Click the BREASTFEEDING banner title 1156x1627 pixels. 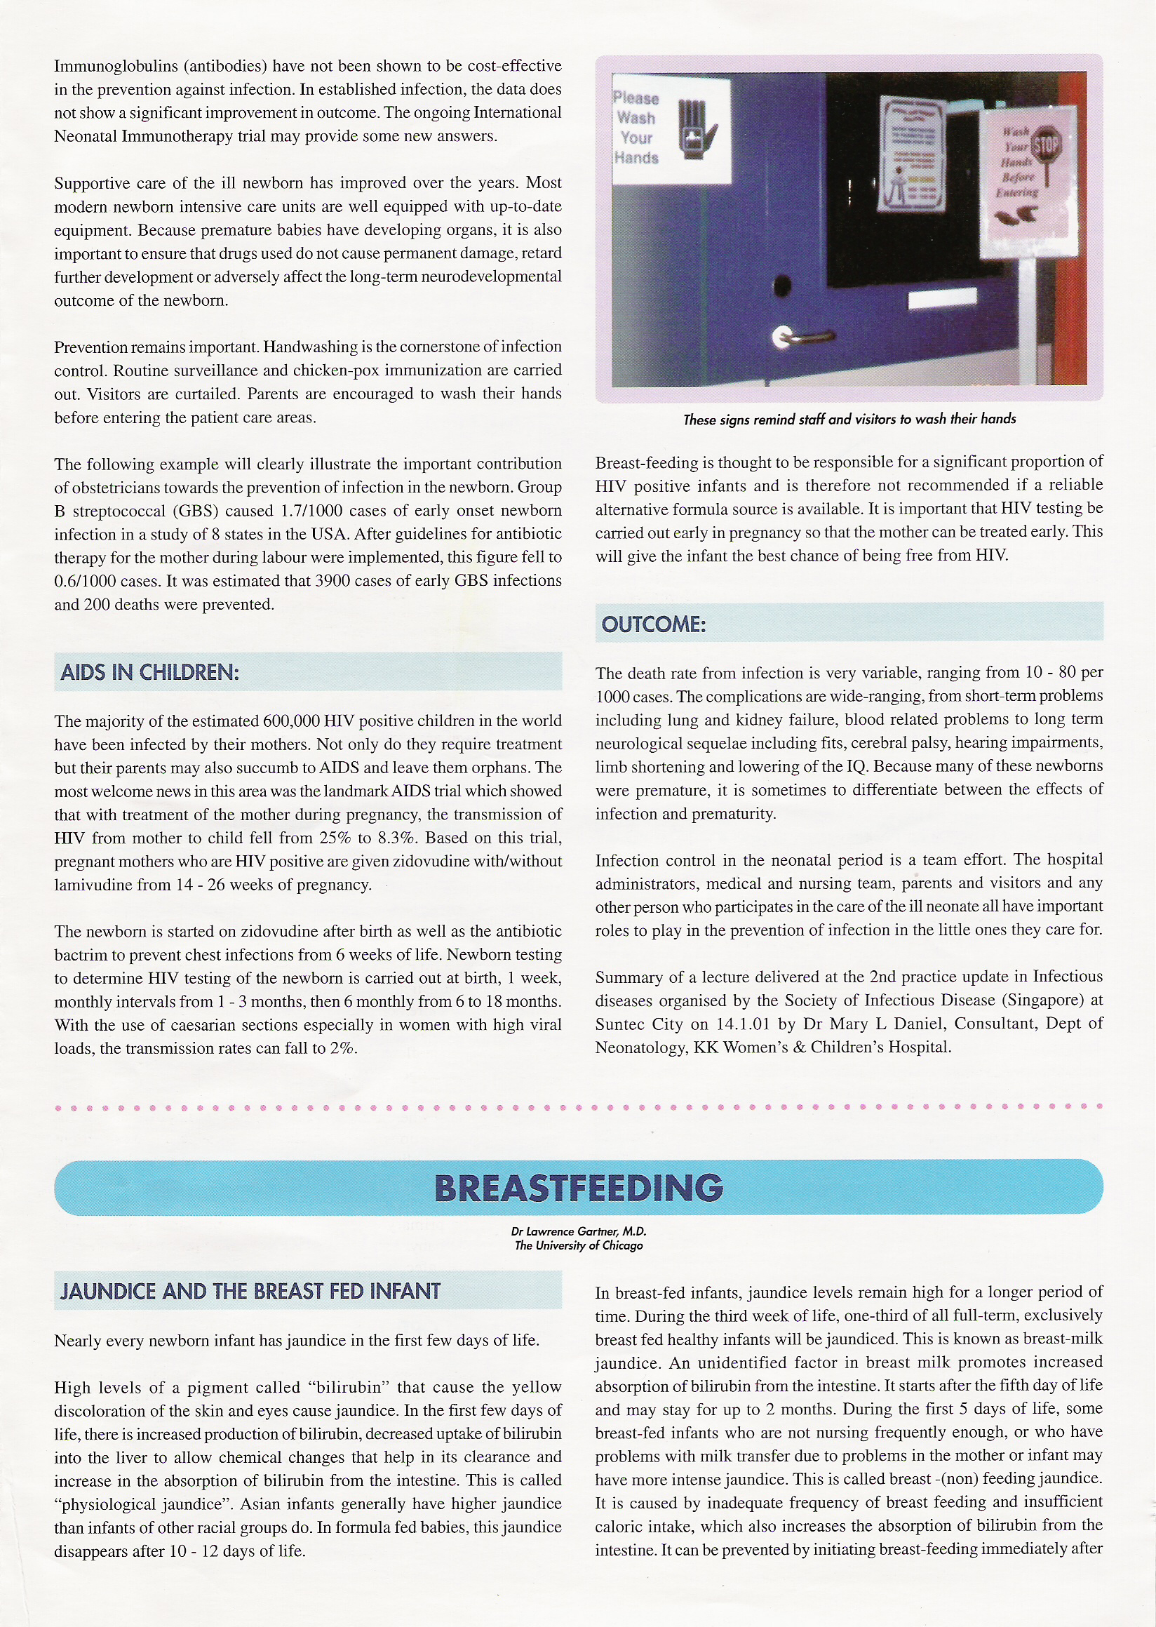click(x=578, y=1188)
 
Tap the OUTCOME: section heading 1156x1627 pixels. click(x=654, y=624)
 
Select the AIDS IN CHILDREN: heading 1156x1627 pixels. click(x=149, y=672)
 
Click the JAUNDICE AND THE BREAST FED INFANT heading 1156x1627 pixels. click(x=250, y=1291)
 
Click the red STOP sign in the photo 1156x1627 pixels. click(x=1046, y=147)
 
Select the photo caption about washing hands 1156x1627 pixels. click(x=849, y=420)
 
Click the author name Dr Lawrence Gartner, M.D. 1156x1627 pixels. click(x=578, y=1231)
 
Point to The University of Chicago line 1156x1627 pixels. click(x=578, y=1245)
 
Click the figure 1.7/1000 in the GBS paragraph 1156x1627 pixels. click(x=311, y=511)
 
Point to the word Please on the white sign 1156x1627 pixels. click(x=636, y=98)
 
